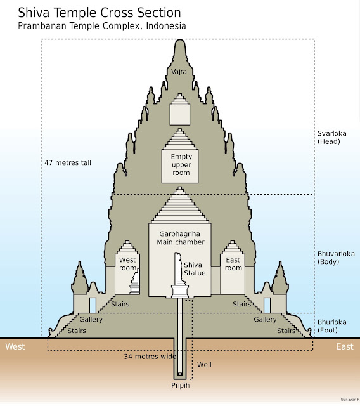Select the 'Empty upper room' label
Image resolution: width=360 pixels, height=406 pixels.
tap(180, 164)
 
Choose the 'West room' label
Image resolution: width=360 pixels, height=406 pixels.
tap(127, 264)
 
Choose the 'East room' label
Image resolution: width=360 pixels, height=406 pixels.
tap(233, 264)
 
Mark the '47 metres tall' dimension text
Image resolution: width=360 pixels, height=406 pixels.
tap(68, 163)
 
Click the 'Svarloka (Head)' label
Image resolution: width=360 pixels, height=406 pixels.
tap(330, 138)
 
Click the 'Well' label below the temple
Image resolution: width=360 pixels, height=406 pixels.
tap(205, 365)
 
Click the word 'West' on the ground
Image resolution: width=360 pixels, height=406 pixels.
tap(15, 346)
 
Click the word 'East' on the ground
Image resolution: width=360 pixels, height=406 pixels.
tap(345, 346)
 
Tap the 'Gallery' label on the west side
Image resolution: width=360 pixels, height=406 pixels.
tap(91, 319)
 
